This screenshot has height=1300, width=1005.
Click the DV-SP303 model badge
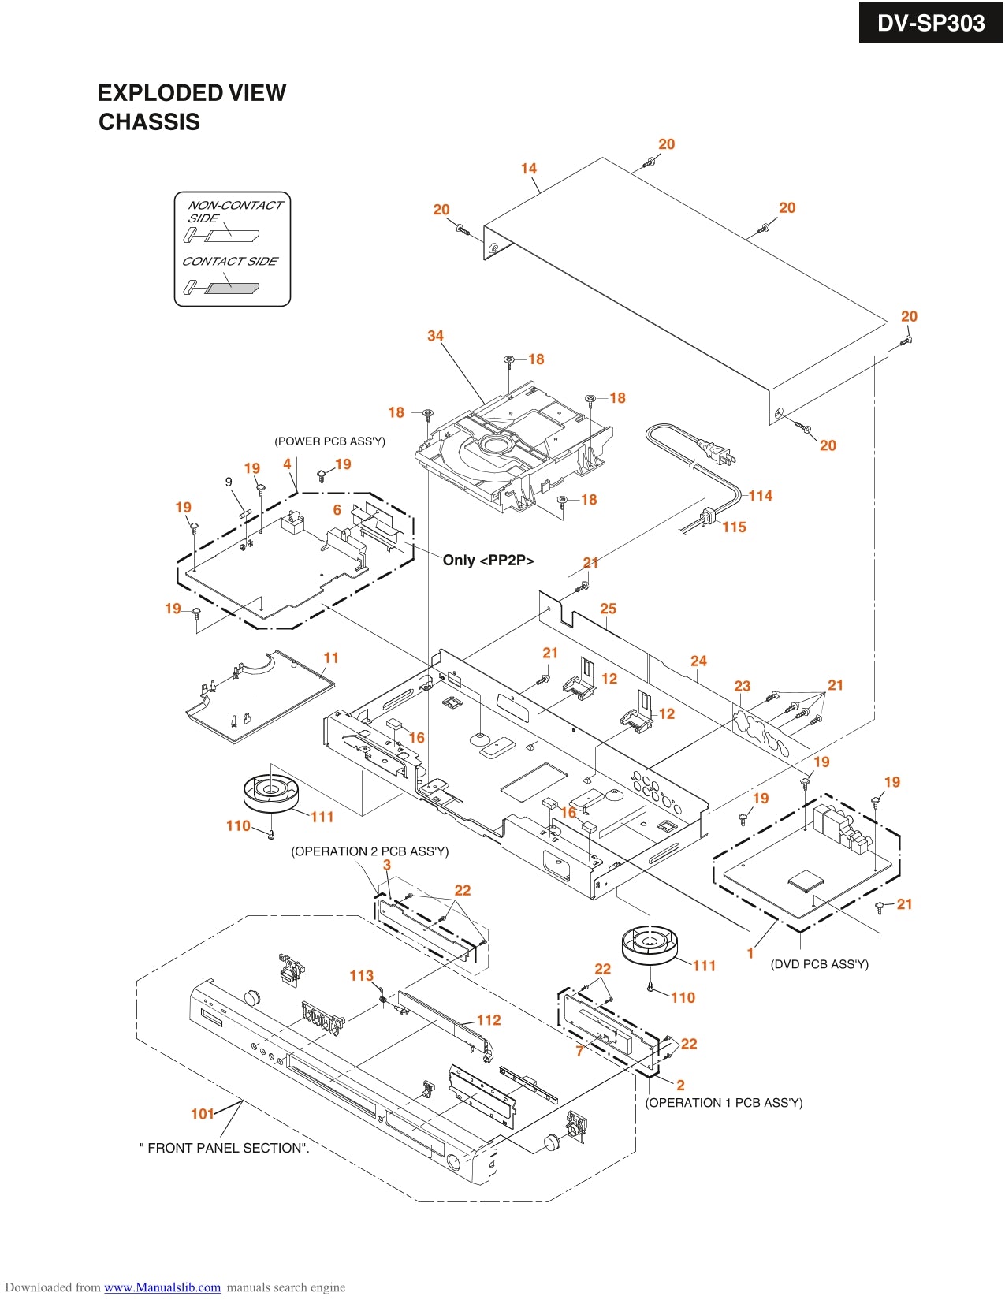point(930,23)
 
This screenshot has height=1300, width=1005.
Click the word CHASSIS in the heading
point(149,122)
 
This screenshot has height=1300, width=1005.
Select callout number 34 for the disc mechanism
point(435,336)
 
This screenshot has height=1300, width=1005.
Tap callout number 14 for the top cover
point(528,169)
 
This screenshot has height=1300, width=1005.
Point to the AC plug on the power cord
point(720,453)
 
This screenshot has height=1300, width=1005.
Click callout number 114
point(760,496)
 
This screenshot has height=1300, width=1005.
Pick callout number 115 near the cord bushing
point(734,527)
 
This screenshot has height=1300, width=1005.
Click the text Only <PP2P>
point(488,561)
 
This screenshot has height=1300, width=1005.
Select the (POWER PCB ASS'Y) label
point(329,441)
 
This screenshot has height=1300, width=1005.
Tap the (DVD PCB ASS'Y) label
point(819,964)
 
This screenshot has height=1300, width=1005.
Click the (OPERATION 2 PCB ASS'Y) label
point(370,851)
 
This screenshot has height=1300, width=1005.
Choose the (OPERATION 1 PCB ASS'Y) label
point(724,1103)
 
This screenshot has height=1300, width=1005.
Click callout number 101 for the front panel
point(203,1114)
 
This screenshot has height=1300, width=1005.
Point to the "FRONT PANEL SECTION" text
point(225,1149)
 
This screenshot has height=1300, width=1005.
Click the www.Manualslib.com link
point(162,1287)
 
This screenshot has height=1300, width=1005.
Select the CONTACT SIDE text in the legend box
point(229,262)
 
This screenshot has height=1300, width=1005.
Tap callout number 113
point(361,976)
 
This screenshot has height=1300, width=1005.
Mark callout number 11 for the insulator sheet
point(331,658)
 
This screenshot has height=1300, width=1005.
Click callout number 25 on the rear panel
point(608,609)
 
